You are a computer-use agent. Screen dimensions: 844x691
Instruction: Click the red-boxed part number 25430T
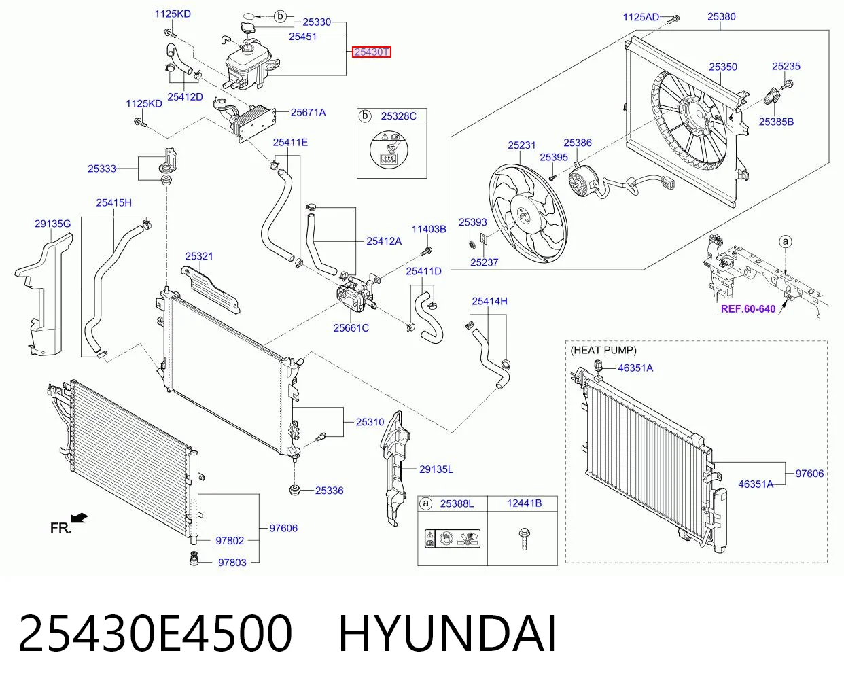click(x=371, y=52)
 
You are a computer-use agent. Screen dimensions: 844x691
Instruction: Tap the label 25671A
click(x=308, y=112)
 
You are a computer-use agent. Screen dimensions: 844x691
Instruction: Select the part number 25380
click(x=721, y=16)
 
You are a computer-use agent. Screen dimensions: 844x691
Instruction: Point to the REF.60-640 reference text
click(x=748, y=308)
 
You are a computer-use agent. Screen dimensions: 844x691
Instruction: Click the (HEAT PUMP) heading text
click(x=603, y=350)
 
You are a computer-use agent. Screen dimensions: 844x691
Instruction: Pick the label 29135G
click(x=52, y=224)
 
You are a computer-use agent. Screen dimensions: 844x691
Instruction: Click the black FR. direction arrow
click(x=79, y=518)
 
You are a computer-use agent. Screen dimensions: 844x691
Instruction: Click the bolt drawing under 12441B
click(x=524, y=539)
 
